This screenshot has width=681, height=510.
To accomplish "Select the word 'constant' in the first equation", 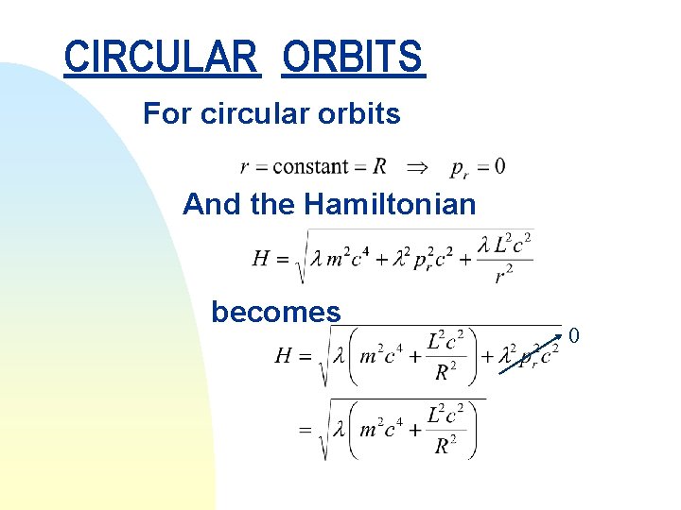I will click(310, 167).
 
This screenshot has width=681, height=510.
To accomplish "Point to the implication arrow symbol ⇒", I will click(416, 167).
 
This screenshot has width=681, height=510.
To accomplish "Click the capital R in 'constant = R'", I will click(379, 167).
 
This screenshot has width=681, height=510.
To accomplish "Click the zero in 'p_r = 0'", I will click(498, 167).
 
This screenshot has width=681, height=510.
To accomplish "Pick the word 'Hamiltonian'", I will click(393, 203).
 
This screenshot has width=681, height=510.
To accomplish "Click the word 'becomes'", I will click(275, 312).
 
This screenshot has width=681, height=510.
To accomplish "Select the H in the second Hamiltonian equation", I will click(283, 356).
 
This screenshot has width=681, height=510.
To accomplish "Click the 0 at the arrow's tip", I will click(572, 335).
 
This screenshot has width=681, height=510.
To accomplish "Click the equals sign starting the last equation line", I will click(306, 430).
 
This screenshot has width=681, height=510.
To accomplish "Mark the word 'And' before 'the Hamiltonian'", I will click(212, 203).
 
